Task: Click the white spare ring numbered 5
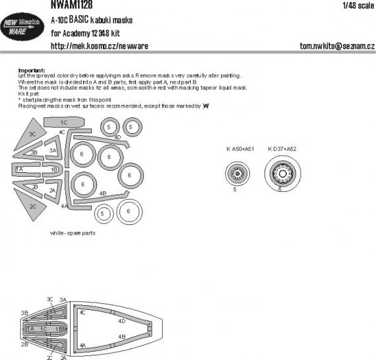(102, 213)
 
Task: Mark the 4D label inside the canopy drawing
(121, 321)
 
